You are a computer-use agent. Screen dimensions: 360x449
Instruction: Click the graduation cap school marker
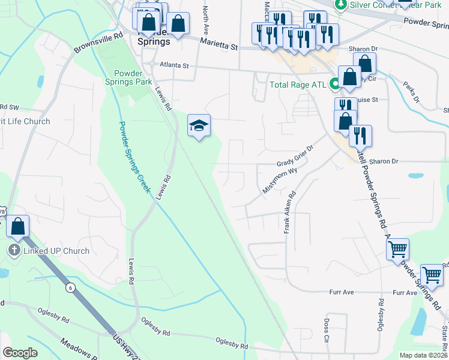point(199,126)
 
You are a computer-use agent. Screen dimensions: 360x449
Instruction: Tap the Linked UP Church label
point(56,251)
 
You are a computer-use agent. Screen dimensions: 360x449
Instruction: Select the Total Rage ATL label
point(297,85)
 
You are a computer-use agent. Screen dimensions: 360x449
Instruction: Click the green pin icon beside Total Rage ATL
point(334,85)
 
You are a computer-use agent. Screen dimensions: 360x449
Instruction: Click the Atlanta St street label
point(174,65)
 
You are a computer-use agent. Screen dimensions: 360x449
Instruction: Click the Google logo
point(20,352)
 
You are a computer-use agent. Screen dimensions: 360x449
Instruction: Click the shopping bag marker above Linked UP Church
point(18,227)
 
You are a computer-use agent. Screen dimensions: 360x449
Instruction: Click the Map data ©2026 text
point(423,355)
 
